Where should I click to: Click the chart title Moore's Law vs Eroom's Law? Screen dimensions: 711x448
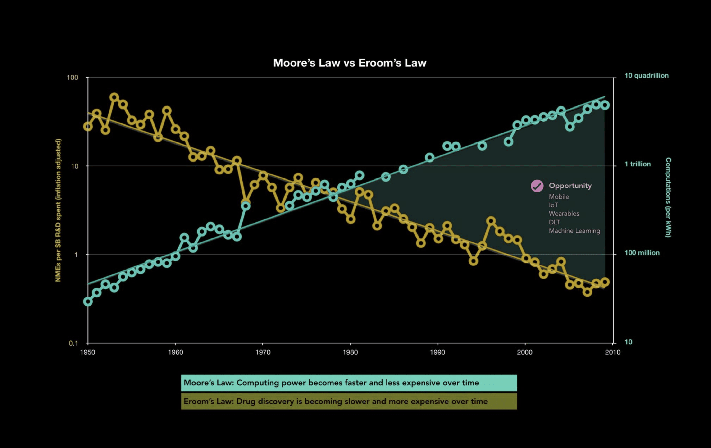[x=350, y=63]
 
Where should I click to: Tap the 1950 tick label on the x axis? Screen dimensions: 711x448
[x=88, y=352]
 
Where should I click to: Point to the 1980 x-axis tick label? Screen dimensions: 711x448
[x=350, y=352]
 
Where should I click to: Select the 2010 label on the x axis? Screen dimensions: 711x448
[x=613, y=352]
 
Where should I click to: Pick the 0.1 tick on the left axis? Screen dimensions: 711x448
[x=73, y=343]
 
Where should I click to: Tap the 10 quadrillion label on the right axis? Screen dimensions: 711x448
[x=647, y=76]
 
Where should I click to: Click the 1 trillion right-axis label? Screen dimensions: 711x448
[x=638, y=164]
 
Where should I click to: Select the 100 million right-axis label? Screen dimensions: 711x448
[x=642, y=253]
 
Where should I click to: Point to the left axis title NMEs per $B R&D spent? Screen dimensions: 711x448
[x=58, y=210]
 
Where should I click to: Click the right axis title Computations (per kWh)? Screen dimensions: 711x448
[x=668, y=197]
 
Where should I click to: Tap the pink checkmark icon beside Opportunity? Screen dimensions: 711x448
[x=537, y=186]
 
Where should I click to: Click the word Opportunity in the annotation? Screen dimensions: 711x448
[x=570, y=186]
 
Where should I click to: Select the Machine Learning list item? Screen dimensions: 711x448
[x=574, y=231]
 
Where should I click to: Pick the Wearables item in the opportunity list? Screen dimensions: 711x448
[x=564, y=214]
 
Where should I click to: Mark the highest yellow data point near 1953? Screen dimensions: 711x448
[x=114, y=97]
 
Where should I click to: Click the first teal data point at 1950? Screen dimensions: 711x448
[x=88, y=302]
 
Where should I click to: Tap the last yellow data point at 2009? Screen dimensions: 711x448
[x=605, y=282]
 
